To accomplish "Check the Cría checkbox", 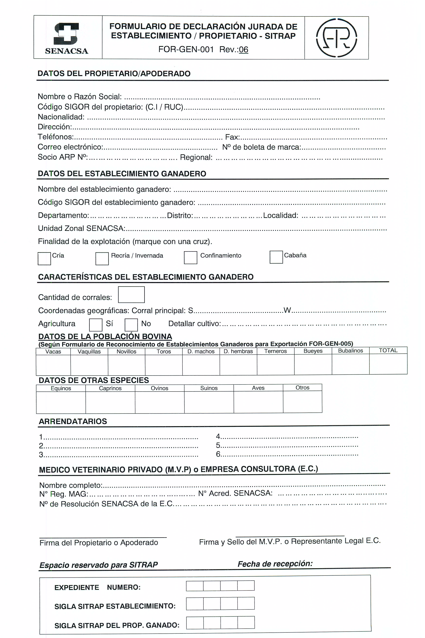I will (x=44, y=259).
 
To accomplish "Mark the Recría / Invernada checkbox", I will (x=102, y=259).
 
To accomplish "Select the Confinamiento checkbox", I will (x=190, y=257).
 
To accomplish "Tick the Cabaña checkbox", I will (x=276, y=257).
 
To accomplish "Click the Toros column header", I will (x=164, y=351).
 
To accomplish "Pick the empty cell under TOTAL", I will (x=388, y=364).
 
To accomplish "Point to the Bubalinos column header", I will (x=351, y=351).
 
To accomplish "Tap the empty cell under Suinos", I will (x=209, y=402).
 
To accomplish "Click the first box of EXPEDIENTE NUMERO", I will (x=195, y=586).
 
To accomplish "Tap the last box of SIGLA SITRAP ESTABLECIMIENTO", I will (x=246, y=604).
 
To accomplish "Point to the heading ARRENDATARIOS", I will (x=73, y=421).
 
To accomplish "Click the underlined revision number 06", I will (x=243, y=50).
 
